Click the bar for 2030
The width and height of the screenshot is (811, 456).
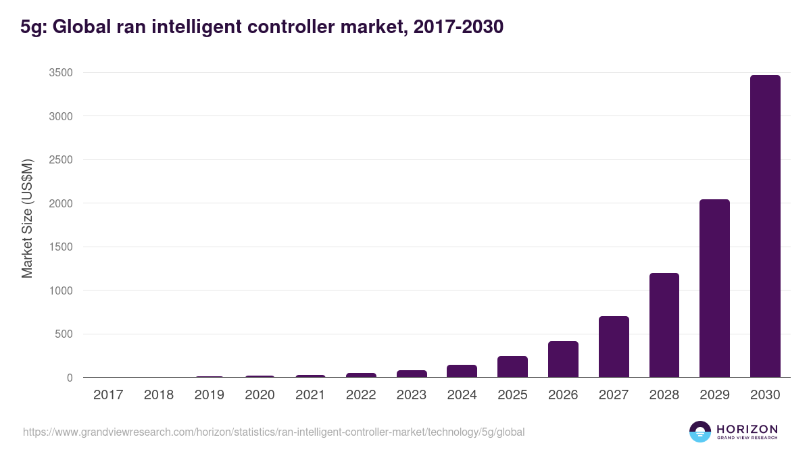tap(765, 226)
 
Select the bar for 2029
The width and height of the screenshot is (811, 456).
tap(714, 288)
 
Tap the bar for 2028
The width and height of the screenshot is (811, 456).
tap(664, 325)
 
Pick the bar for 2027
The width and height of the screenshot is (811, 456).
tap(614, 347)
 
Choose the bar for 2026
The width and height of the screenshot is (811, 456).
tap(563, 359)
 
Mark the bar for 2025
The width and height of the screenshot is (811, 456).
tap(512, 367)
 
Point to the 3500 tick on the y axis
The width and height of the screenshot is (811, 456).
tap(60, 73)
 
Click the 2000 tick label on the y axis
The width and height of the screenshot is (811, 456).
tap(60, 203)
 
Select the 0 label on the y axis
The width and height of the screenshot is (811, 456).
tap(69, 378)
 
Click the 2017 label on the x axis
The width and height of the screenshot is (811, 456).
tap(108, 395)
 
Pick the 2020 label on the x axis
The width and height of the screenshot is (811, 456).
tap(260, 395)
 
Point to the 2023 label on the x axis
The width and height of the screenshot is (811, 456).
tap(412, 395)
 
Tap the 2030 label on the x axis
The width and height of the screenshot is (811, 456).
tap(765, 395)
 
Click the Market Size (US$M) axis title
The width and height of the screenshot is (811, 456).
tap(27, 218)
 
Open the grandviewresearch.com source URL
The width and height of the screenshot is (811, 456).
tap(274, 432)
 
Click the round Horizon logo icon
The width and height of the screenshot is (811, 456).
tap(700, 432)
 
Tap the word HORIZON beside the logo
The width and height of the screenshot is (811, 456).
tap(747, 429)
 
